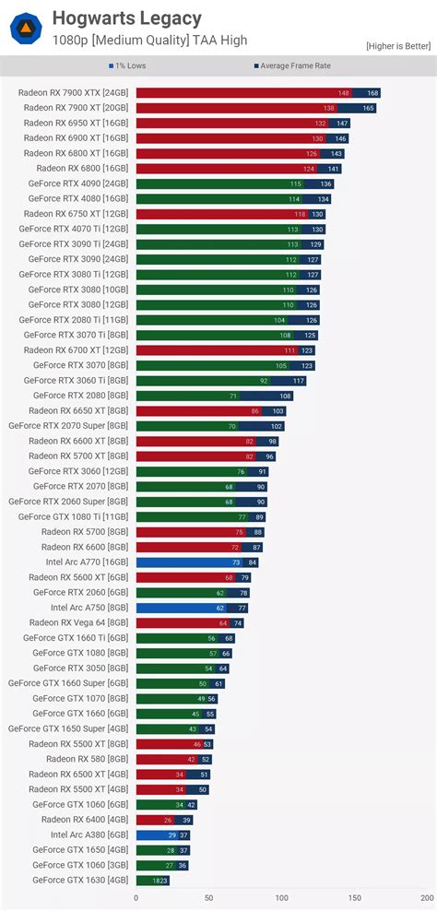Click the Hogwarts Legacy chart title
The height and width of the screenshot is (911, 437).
(126, 18)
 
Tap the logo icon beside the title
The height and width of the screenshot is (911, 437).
(26, 30)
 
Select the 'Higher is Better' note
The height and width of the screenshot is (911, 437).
(398, 45)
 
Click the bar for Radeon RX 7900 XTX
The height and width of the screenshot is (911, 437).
(257, 93)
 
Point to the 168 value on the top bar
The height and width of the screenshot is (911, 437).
(372, 93)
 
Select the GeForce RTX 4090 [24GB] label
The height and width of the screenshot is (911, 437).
(77, 183)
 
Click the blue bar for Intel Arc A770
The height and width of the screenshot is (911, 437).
(196, 562)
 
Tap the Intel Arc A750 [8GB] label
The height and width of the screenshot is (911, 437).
(89, 608)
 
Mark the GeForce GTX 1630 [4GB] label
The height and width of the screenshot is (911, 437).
(80, 880)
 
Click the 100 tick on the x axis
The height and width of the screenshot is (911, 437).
(281, 897)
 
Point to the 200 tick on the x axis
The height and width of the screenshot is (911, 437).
(426, 897)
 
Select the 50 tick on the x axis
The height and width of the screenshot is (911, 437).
(208, 897)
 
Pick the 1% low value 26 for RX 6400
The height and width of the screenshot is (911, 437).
(167, 820)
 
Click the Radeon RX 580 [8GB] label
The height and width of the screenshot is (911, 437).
(88, 759)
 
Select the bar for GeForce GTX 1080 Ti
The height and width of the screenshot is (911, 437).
(201, 517)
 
